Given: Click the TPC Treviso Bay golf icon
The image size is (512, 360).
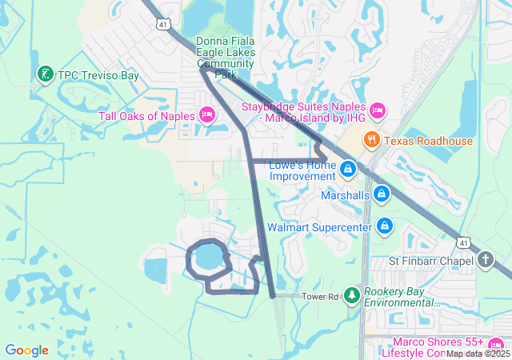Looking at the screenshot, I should coord(45,75).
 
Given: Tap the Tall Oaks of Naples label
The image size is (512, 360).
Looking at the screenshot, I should coord(146,116).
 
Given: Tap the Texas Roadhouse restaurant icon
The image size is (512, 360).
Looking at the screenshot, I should coord(371,141).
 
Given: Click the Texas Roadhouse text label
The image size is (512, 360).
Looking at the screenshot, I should coord(428,141).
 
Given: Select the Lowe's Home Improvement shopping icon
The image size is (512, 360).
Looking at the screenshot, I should coord(348,169).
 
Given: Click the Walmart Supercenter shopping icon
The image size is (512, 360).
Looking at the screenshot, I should coord(385,226).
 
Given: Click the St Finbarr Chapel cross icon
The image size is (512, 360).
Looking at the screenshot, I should coord(486,260).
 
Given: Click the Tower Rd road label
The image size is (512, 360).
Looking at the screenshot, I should coord(321,296).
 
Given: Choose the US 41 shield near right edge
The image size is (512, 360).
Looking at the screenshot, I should coord(464,242).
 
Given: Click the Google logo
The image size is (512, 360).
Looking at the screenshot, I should coord(26,350).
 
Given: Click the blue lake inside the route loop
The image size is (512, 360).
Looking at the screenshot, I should coord(206,258).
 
